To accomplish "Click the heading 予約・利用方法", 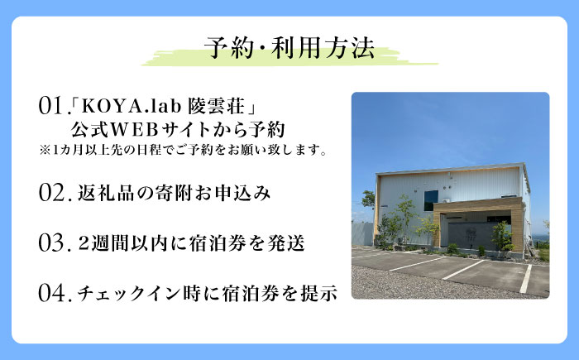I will tap(289, 46).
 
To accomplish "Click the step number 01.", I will tap(50, 107).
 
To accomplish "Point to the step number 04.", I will tap(52, 293).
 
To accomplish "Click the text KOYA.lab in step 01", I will tap(122, 107).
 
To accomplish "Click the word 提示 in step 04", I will tap(319, 294).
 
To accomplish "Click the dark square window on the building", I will tap(430, 200).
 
